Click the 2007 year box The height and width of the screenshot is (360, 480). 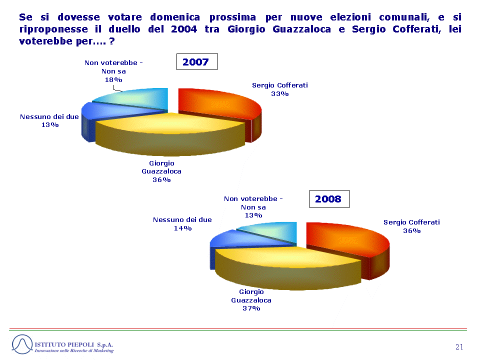tap(197, 61)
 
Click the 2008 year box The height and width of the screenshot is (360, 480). tap(329, 199)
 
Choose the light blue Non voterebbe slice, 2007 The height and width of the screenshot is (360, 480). tap(138, 98)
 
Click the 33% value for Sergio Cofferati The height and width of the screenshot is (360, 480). tap(280, 94)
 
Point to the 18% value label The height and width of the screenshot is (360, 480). tap(113, 80)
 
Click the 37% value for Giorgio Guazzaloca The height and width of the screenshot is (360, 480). tap(251, 308)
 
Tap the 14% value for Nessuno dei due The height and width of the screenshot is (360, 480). tap(183, 228)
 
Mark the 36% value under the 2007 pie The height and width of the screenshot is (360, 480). tap(161, 180)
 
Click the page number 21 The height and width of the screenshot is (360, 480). tap(459, 347)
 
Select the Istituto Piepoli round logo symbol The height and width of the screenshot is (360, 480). tap(22, 344)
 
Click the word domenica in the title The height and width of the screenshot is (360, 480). tap(175, 17)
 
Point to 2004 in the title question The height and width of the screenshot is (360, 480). tap(183, 29)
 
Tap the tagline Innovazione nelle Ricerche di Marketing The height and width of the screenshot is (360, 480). tap(74, 350)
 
